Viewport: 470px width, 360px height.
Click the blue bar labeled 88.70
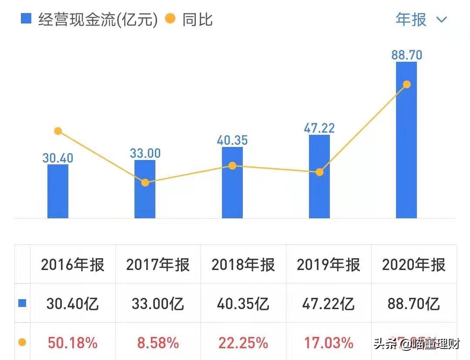[x=406, y=143]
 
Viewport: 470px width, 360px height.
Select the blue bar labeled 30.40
[x=58, y=191]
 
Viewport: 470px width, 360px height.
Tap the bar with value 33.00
[x=145, y=191]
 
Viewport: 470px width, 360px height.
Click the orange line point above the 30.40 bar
[x=58, y=131]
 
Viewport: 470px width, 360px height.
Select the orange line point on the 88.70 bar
[x=407, y=84]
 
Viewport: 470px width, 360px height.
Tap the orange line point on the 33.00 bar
[x=145, y=183]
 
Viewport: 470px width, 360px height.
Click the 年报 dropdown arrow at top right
[x=441, y=20]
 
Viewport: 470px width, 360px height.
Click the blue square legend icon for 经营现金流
[x=26, y=19]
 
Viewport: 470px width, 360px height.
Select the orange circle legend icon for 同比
[x=171, y=19]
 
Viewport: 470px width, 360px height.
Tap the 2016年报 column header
[x=73, y=265]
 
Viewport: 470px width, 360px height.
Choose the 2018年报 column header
[x=243, y=265]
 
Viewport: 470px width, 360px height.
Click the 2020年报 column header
[x=414, y=265]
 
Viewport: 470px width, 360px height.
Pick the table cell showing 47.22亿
[x=329, y=304]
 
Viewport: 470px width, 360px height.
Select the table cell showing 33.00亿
[x=158, y=304]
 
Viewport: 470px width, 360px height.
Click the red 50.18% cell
[x=73, y=343]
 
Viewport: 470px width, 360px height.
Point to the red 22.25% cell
[x=243, y=343]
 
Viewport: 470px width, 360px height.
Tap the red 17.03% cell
[x=329, y=343]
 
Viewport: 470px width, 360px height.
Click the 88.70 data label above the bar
[x=406, y=55]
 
